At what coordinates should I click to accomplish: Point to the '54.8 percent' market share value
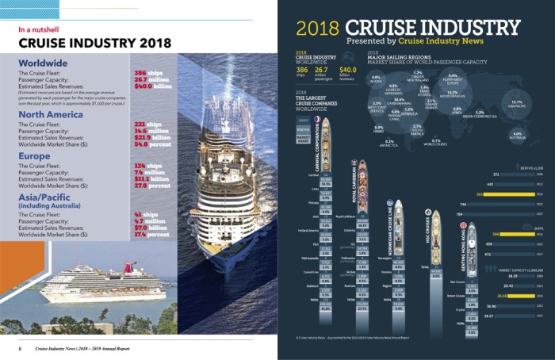coord(155,146)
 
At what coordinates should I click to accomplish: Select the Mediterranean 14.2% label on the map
coord(453,93)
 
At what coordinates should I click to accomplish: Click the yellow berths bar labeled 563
coord(507,193)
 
